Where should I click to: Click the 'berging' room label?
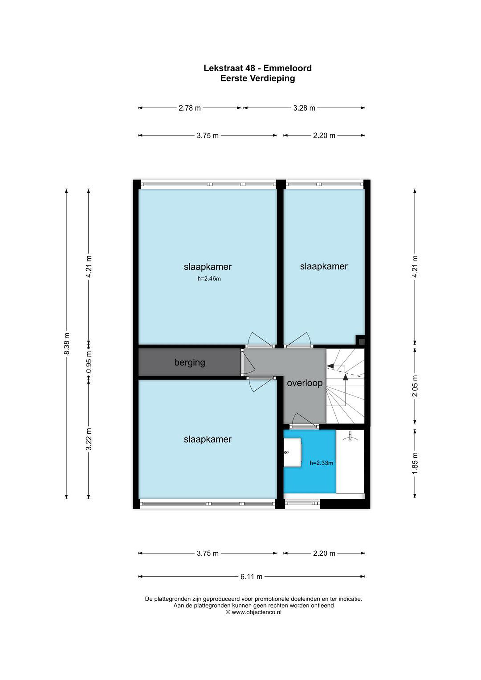point(190,362)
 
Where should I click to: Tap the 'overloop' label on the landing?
point(305,383)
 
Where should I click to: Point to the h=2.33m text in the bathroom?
point(321,463)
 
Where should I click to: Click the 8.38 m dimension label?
point(67,344)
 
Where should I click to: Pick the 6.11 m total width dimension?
point(251,576)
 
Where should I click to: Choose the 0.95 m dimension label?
point(89,362)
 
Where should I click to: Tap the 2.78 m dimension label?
point(190,108)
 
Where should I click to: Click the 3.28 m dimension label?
point(304,108)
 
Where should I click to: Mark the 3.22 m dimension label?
point(89,439)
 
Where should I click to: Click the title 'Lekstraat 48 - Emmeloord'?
point(258,68)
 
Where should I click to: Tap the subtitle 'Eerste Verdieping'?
point(258,78)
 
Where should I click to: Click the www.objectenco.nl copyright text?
point(253,612)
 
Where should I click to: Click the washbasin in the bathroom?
point(292,452)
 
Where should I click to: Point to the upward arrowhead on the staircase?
point(345,377)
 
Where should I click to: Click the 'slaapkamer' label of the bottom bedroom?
point(207,439)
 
